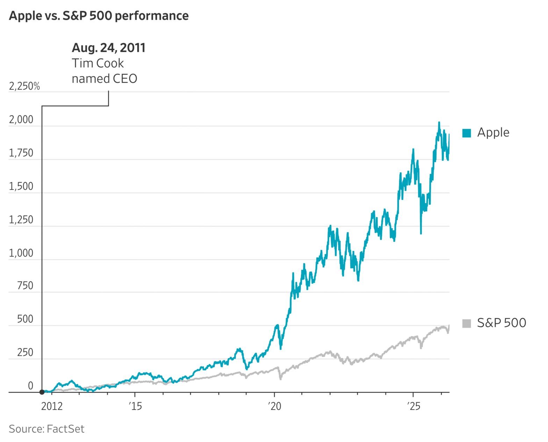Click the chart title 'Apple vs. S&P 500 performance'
[x=99, y=16]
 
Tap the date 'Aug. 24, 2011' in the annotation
[x=108, y=48]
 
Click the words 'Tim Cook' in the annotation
[x=98, y=63]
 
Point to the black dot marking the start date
[x=42, y=392]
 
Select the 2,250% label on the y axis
[x=24, y=86]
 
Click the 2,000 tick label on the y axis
[x=21, y=120]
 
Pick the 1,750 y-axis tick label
[x=21, y=153]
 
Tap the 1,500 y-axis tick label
[x=21, y=186]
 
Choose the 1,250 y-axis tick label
[x=21, y=220]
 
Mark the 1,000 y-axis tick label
[x=21, y=253]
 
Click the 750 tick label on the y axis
[x=25, y=286]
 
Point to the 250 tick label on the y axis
[x=25, y=353]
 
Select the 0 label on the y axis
[x=30, y=386]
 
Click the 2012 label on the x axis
[x=52, y=406]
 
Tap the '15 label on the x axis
[x=135, y=406]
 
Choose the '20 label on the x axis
[x=274, y=406]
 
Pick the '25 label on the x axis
[x=413, y=406]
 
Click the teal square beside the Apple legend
[x=467, y=133]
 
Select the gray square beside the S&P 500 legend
[x=467, y=323]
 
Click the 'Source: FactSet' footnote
[x=46, y=429]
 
